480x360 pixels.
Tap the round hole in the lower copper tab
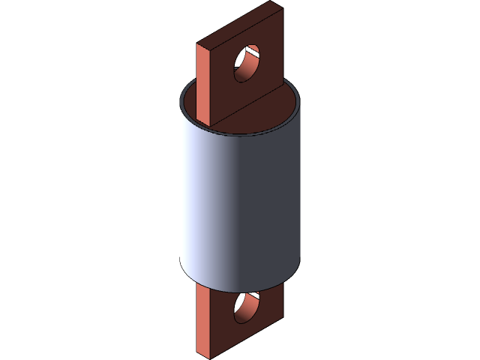tap(245, 307)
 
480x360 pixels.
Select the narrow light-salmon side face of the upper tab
tap(204, 82)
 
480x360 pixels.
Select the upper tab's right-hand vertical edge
tap(283, 52)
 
